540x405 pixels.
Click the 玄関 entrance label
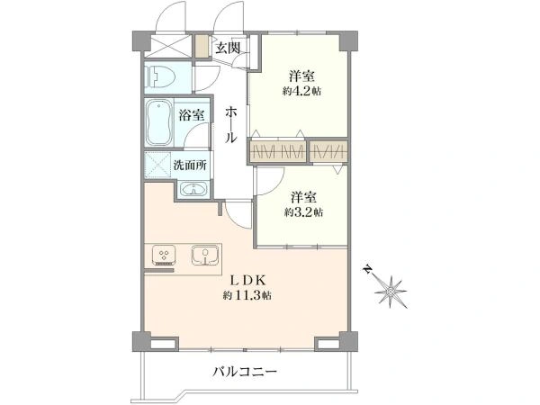pyautogui.click(x=227, y=48)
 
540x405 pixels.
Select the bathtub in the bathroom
pyautogui.click(x=159, y=123)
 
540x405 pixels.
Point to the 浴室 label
pyautogui.click(x=192, y=115)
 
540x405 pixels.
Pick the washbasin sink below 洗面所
pyautogui.click(x=193, y=189)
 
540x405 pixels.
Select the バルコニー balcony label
pyautogui.click(x=245, y=371)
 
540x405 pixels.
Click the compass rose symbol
pyautogui.click(x=391, y=290)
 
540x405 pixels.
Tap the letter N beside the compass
pyautogui.click(x=368, y=268)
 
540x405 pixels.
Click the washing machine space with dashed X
pyautogui.click(x=158, y=166)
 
